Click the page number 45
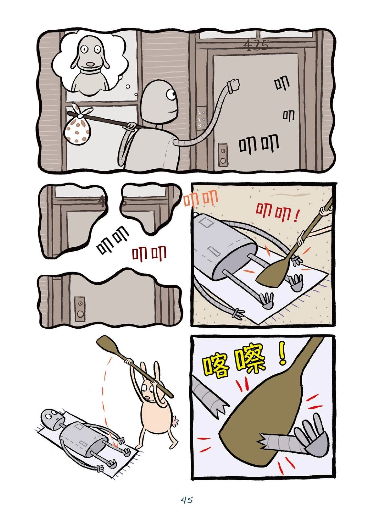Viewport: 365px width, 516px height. (187, 501)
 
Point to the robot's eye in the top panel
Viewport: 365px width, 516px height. (171, 94)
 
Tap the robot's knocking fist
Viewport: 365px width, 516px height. (234, 84)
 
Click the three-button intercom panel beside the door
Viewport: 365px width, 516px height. (201, 119)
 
